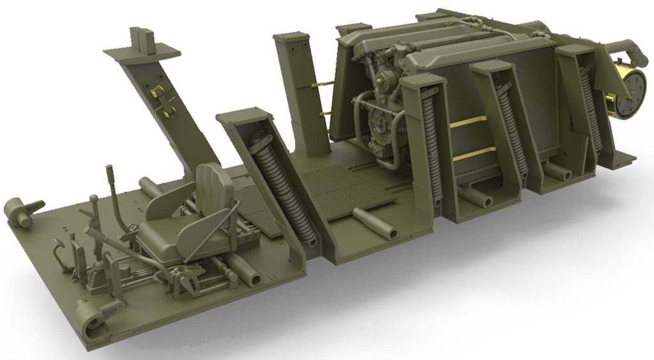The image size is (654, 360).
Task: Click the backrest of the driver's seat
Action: [215, 185]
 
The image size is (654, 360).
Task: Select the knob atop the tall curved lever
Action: [109, 170]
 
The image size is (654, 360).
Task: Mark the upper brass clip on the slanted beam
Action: [156, 91]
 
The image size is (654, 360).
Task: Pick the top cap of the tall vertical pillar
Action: [292, 39]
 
